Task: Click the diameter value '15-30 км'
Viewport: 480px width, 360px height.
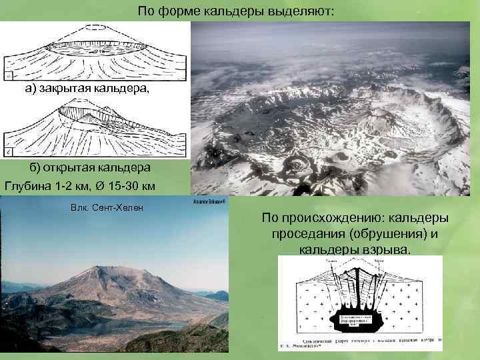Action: pyautogui.click(x=134, y=185)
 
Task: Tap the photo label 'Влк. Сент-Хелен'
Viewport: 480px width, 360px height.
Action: pyautogui.click(x=106, y=209)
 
